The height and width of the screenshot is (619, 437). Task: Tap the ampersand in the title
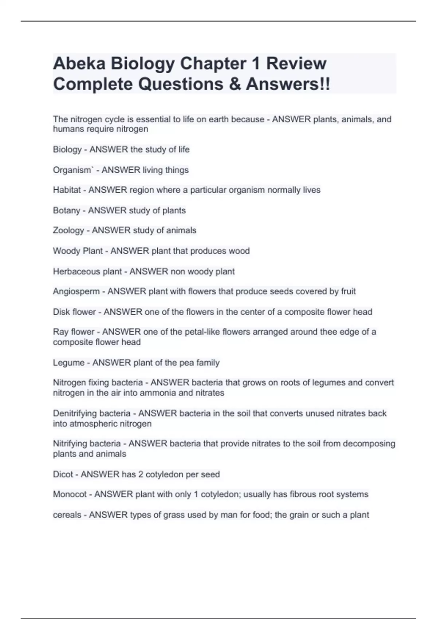tap(235, 84)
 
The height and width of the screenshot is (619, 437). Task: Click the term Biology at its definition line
tap(67, 149)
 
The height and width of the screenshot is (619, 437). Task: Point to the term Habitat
tap(67, 190)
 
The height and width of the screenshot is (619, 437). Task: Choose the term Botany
tap(66, 210)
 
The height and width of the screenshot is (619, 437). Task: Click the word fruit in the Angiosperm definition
tap(348, 291)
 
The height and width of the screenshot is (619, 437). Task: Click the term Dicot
tap(63, 474)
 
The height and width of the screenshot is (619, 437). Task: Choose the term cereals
tap(67, 515)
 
